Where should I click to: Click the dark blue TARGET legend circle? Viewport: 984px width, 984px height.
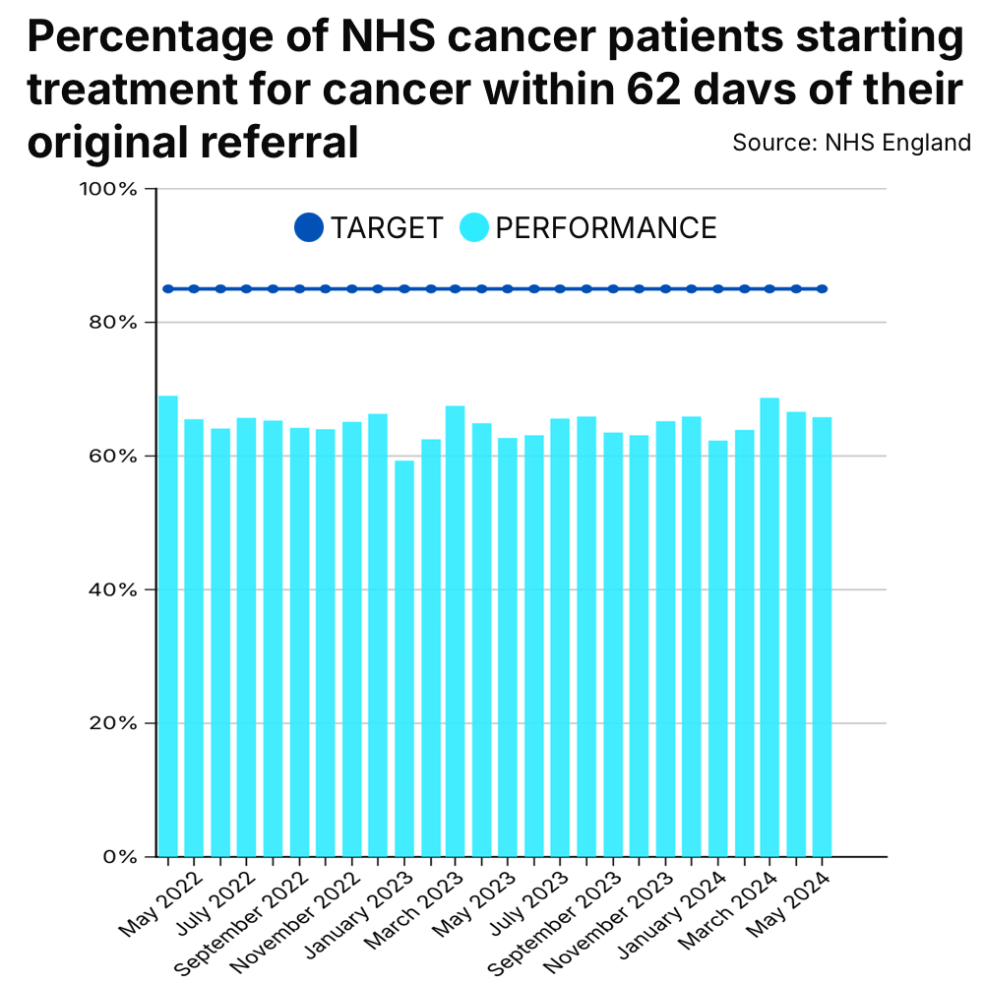[309, 228]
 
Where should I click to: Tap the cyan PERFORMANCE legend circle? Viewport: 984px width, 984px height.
[474, 228]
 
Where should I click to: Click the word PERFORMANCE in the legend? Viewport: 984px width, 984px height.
[605, 228]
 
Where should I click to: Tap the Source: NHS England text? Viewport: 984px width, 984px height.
[851, 143]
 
